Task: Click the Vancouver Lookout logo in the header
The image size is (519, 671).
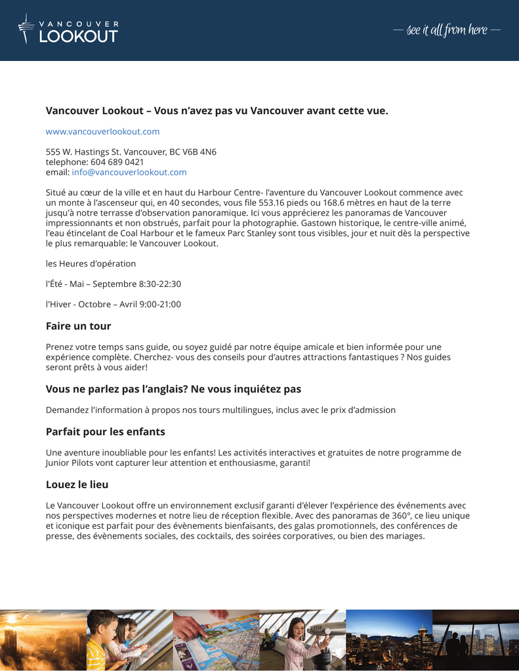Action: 68,30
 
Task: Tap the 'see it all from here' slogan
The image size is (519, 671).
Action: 446,30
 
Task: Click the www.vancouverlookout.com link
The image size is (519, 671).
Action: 102,132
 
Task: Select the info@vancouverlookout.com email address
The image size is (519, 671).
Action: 129,172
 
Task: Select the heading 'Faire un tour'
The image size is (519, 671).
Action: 78,326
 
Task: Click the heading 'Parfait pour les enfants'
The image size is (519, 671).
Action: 105,432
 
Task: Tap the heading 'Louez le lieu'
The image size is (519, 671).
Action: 77,485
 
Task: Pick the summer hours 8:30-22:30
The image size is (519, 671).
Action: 159,284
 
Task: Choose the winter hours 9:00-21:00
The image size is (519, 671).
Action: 160,304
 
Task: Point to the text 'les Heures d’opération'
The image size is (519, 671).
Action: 91,263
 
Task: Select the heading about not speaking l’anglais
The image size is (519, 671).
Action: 173,389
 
